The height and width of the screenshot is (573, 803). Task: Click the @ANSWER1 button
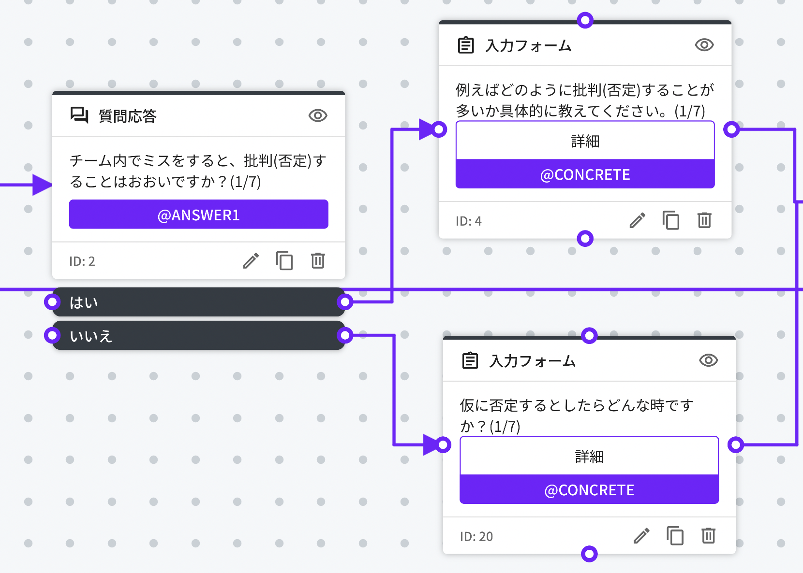coord(198,215)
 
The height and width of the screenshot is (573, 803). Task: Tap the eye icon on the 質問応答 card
coord(318,115)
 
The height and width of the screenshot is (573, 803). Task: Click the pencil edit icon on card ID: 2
coord(251,261)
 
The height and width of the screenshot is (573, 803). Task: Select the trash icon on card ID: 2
coord(318,261)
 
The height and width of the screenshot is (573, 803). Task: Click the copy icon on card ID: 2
coord(284,261)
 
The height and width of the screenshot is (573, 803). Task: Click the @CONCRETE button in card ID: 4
coord(585,174)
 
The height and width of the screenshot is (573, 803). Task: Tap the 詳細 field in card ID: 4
coord(585,141)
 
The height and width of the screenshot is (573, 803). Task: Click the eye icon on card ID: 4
coord(704,45)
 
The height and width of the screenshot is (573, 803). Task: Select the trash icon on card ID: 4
coord(704,220)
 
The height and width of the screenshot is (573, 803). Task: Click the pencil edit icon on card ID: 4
coord(637,220)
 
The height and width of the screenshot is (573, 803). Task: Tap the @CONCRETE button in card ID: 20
coord(589,490)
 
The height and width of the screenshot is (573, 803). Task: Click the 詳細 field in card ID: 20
coord(589,457)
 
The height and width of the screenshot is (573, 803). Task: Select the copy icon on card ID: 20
coord(675,536)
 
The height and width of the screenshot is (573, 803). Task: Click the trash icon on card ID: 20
coord(708,536)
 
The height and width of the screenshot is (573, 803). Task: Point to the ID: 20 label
coord(476,536)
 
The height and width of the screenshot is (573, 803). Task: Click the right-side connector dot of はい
coord(345,302)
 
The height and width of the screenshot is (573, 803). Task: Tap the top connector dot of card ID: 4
coord(585,20)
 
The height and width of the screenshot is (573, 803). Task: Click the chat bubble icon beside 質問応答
coord(79,115)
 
